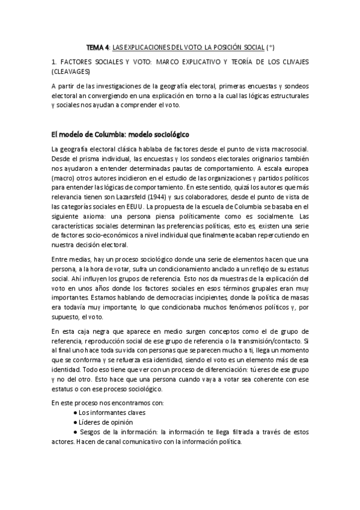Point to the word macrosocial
point(285,149)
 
